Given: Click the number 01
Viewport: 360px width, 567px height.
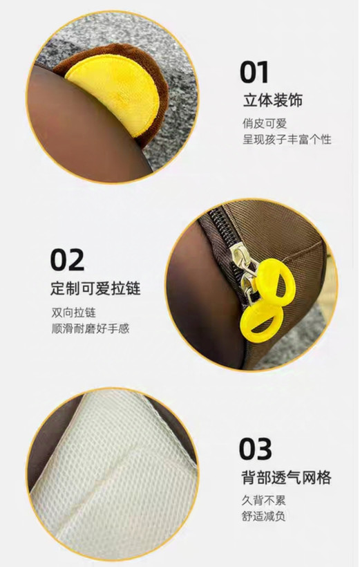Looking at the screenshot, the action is click(254, 73).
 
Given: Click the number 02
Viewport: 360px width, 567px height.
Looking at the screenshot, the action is click(68, 259).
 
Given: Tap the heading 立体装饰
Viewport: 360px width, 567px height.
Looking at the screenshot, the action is click(272, 100).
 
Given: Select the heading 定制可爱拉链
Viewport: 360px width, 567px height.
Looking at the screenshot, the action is click(95, 288).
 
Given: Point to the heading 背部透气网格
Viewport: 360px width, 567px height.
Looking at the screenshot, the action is click(286, 477).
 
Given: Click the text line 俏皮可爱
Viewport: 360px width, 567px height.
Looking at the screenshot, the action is click(265, 124).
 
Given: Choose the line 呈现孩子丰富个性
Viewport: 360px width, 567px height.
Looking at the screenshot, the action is click(287, 139).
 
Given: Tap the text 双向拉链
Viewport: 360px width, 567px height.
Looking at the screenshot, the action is click(74, 313).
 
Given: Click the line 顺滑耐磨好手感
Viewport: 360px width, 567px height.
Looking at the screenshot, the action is click(91, 328).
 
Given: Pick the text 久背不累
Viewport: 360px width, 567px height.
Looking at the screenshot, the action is click(263, 501).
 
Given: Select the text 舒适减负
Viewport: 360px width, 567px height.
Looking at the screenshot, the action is click(263, 516).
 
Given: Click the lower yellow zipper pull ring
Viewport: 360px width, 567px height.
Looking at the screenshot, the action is click(261, 322).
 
